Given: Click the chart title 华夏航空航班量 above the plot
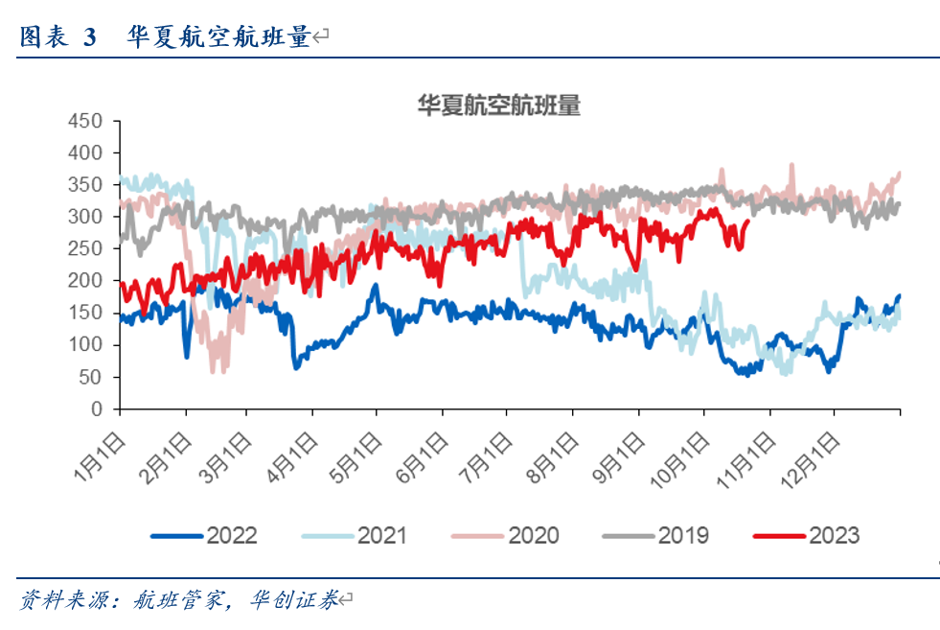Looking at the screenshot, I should (x=498, y=105).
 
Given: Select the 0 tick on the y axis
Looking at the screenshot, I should (x=97, y=409).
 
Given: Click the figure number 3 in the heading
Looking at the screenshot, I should (x=90, y=37).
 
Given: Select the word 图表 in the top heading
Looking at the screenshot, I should (x=43, y=37).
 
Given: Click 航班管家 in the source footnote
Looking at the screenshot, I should (x=175, y=601).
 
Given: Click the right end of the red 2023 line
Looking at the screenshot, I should (x=747, y=222).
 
